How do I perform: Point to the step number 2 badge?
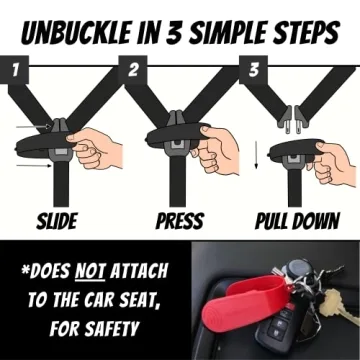132,70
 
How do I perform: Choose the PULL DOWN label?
295,221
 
